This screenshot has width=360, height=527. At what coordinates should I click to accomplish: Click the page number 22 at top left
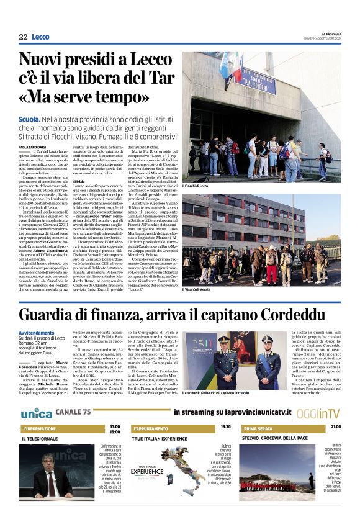tap(23, 37)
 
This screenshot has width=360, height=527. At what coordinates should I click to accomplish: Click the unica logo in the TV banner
tap(36, 413)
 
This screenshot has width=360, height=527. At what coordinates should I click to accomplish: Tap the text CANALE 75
tap(73, 412)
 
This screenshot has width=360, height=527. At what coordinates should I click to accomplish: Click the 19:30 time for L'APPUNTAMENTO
tap(225, 427)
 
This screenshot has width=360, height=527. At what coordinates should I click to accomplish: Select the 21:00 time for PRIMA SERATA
tap(336, 427)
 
